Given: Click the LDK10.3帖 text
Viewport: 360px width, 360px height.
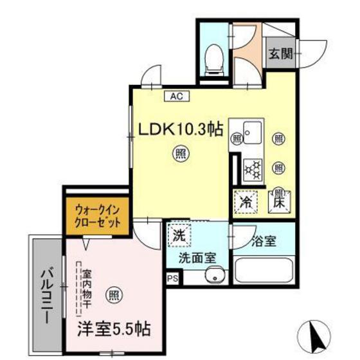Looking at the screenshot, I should (x=181, y=129).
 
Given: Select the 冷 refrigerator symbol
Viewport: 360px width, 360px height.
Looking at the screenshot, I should (x=244, y=200).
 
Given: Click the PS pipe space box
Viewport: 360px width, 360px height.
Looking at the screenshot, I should (x=172, y=278).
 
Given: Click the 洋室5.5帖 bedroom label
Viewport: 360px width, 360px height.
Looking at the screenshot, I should (x=115, y=330).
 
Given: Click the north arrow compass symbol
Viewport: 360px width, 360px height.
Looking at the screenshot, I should (x=314, y=333).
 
